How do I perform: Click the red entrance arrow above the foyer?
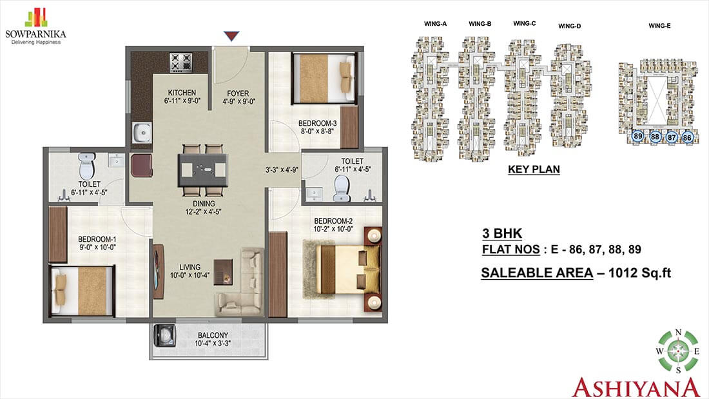tap(231, 35)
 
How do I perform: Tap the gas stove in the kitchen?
tap(181, 63)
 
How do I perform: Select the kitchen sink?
tap(142, 133)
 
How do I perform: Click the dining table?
tap(203, 170)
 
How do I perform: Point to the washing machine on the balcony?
tap(165, 336)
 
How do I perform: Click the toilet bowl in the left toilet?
tap(87, 166)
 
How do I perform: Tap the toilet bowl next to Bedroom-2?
tap(342, 189)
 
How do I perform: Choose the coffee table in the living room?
tap(223, 272)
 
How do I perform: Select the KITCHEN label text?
tap(182, 92)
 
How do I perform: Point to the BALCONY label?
tap(213, 335)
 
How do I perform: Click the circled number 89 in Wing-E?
tap(638, 136)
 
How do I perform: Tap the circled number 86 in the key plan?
tap(687, 137)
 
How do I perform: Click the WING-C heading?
tap(525, 23)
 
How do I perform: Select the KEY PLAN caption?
tap(534, 169)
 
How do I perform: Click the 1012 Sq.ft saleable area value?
tap(639, 273)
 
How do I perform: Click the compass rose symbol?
tap(678, 351)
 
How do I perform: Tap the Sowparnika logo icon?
tap(36, 17)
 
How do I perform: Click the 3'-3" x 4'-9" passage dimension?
tap(282, 170)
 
